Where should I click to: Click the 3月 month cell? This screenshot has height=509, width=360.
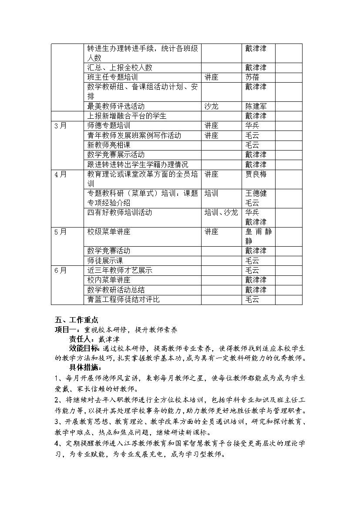tap(61, 126)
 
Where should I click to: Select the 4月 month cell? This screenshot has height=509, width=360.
tap(61, 174)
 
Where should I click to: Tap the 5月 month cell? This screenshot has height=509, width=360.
tap(61, 232)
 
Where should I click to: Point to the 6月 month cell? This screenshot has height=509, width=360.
tap(61, 271)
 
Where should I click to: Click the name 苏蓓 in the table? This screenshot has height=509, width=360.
tap(252, 77)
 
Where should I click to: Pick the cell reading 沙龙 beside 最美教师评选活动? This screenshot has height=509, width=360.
tap(212, 106)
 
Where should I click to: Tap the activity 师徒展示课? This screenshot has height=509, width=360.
tap(105, 261)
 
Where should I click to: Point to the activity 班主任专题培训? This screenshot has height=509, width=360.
tap(112, 77)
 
